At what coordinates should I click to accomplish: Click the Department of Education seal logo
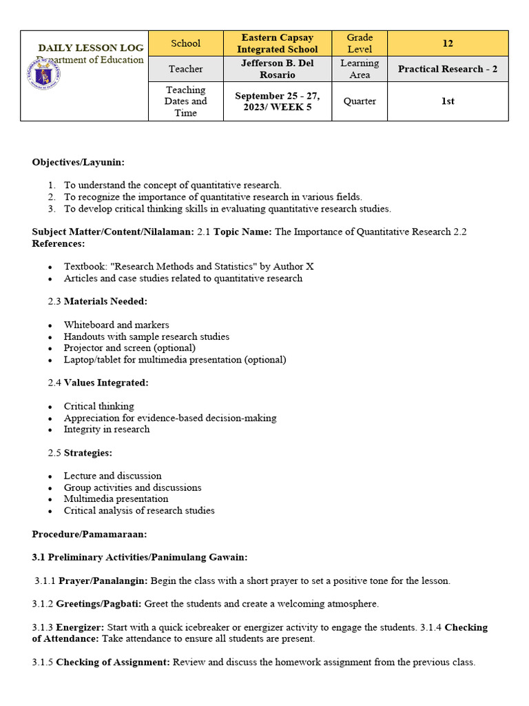(x=43, y=74)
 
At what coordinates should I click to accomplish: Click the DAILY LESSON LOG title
(x=91, y=48)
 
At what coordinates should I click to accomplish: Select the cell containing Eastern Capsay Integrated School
(x=277, y=43)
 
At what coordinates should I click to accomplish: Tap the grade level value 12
(x=448, y=43)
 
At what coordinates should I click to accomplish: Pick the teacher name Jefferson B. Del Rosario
(x=277, y=69)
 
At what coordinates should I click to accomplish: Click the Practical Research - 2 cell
(x=448, y=69)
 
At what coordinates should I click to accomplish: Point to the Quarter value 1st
(x=448, y=101)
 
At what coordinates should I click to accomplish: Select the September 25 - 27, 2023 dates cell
(x=277, y=101)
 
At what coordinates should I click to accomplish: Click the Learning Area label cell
(x=360, y=69)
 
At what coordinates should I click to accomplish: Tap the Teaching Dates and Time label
(x=185, y=101)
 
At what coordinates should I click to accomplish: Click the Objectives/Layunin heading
(x=79, y=162)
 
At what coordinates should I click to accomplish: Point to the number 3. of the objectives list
(x=52, y=208)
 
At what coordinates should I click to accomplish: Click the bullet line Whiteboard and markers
(x=116, y=325)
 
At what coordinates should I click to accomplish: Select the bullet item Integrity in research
(x=107, y=429)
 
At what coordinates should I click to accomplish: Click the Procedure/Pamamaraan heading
(x=89, y=534)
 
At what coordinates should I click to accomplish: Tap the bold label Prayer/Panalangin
(x=103, y=581)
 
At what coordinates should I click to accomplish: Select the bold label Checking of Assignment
(x=113, y=662)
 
